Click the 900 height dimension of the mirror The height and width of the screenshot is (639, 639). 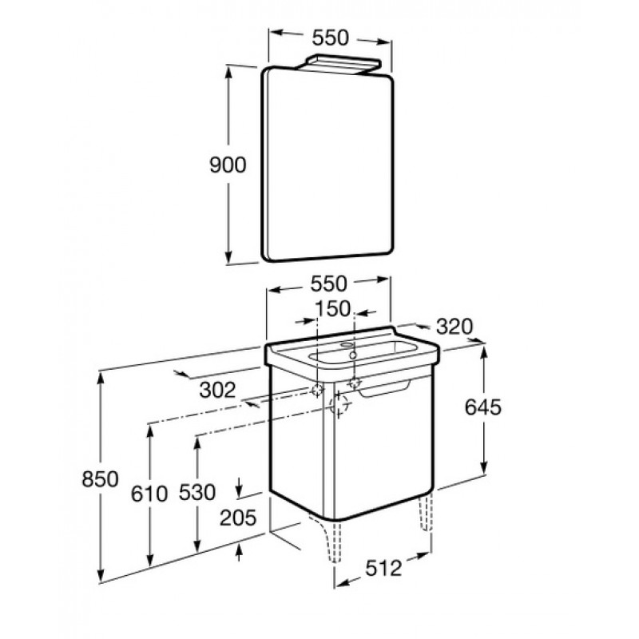pyautogui.click(x=228, y=165)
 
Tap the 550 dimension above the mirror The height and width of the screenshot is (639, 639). pyautogui.click(x=331, y=38)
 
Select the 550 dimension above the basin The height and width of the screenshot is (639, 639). pyautogui.click(x=329, y=284)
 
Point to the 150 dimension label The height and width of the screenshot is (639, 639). pyautogui.click(x=333, y=308)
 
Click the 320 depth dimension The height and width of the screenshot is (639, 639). pyautogui.click(x=454, y=326)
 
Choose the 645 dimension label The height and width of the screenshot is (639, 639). pyautogui.click(x=483, y=407)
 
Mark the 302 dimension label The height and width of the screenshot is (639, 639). pyautogui.click(x=217, y=390)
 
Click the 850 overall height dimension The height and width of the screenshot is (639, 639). pyautogui.click(x=101, y=478)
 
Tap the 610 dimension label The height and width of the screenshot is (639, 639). pyautogui.click(x=149, y=494)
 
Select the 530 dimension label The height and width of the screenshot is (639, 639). pyautogui.click(x=197, y=492)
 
